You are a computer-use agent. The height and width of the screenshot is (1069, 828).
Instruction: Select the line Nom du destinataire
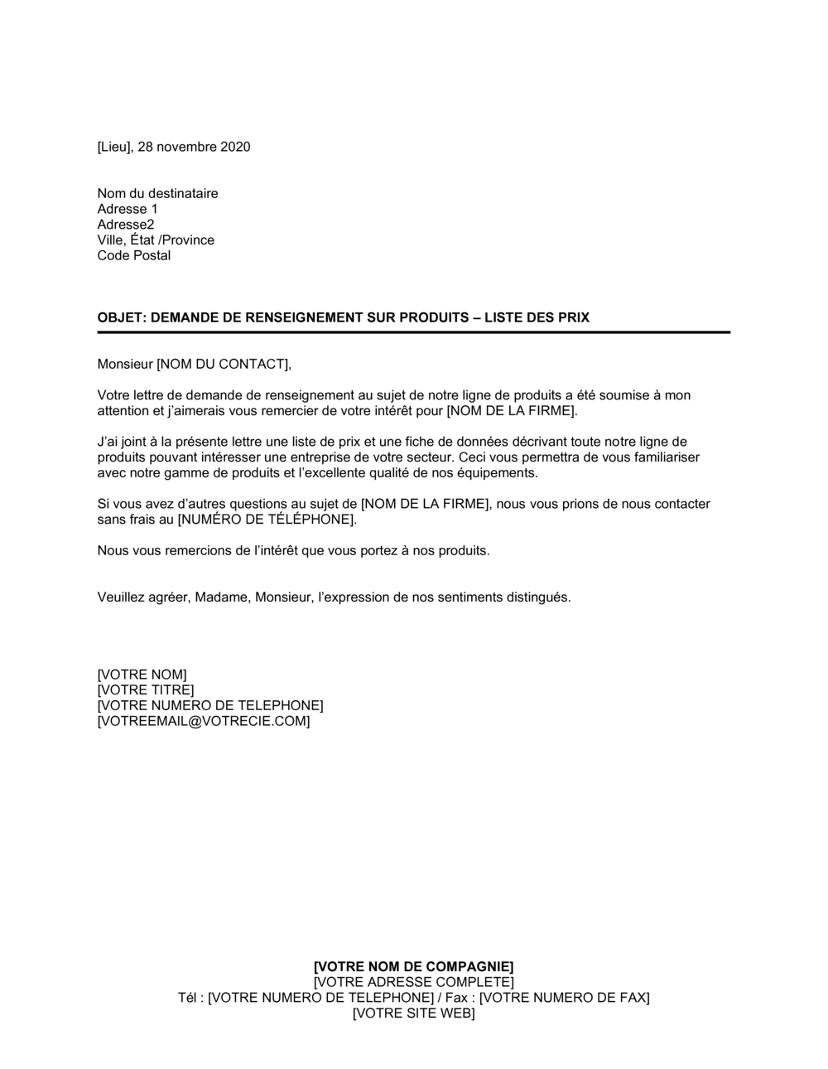click(x=157, y=194)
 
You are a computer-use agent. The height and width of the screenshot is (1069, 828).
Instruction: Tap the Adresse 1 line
click(x=127, y=210)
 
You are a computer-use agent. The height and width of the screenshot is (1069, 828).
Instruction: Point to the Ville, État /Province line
click(x=156, y=240)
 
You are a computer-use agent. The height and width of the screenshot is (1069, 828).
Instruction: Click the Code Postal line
click(x=134, y=256)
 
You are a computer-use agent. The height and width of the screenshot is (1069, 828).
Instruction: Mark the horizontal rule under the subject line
click(x=414, y=332)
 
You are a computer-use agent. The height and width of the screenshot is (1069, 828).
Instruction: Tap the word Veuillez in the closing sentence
click(x=122, y=597)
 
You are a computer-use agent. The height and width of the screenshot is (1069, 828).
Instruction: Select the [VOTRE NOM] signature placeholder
click(x=142, y=675)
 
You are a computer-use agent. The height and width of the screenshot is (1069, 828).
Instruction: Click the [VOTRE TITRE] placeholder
click(x=146, y=690)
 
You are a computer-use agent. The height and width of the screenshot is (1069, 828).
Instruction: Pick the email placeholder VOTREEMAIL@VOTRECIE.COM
click(x=204, y=722)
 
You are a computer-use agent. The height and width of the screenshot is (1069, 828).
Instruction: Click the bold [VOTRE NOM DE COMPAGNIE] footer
click(x=414, y=967)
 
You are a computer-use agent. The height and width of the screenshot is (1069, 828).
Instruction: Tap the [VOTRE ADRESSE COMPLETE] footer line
click(x=414, y=983)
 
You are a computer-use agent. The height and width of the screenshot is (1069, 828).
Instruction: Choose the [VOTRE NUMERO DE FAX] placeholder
click(x=565, y=998)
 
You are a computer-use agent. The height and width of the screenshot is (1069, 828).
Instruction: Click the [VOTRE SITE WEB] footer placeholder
click(x=414, y=1013)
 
